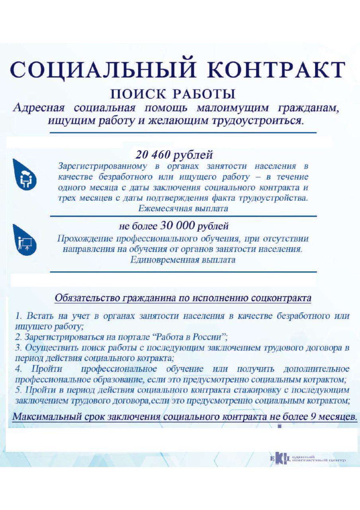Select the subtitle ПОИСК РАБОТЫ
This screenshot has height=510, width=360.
[172, 94]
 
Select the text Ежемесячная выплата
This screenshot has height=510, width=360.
[183, 208]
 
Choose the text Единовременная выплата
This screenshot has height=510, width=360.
[183, 260]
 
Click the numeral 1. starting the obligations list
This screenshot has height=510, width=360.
[19, 316]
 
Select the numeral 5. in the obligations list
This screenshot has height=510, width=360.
[19, 388]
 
